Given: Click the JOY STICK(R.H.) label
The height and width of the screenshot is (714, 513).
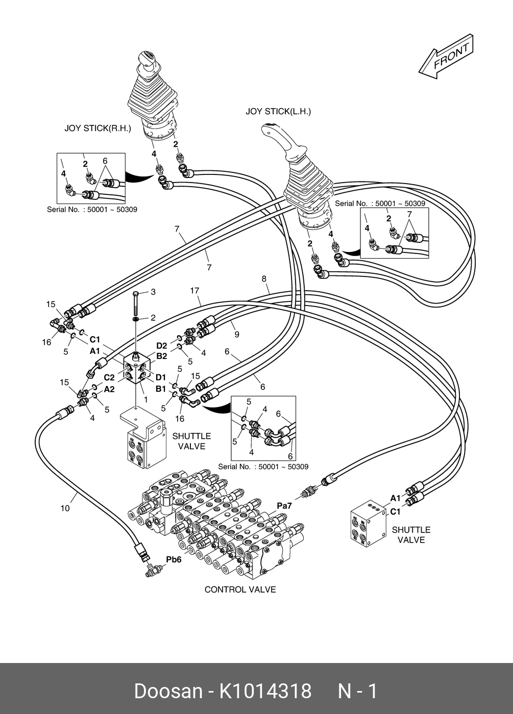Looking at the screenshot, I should [97, 129].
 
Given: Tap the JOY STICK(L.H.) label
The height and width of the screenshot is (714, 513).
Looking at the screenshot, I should [278, 112].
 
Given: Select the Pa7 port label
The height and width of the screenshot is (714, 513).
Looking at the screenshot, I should [284, 505].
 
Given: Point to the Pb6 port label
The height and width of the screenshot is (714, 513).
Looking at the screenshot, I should [174, 559].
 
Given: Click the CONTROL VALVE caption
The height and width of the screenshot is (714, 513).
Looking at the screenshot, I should [240, 590].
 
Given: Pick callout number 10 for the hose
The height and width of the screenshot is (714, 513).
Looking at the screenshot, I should [65, 508].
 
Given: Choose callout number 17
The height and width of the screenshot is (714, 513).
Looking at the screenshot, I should [194, 291].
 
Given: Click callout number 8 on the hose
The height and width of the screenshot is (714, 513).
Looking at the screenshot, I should [264, 279].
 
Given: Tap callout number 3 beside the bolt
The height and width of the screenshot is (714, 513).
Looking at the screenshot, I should [153, 292].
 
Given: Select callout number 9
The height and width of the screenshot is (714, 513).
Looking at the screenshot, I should [237, 335].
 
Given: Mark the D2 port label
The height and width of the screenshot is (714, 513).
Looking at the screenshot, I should [162, 346].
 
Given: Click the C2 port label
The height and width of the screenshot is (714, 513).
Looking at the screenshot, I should [109, 377].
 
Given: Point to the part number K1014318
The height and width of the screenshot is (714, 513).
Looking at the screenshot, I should [265, 691].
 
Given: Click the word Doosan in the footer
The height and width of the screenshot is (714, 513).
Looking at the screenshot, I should [168, 691].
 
